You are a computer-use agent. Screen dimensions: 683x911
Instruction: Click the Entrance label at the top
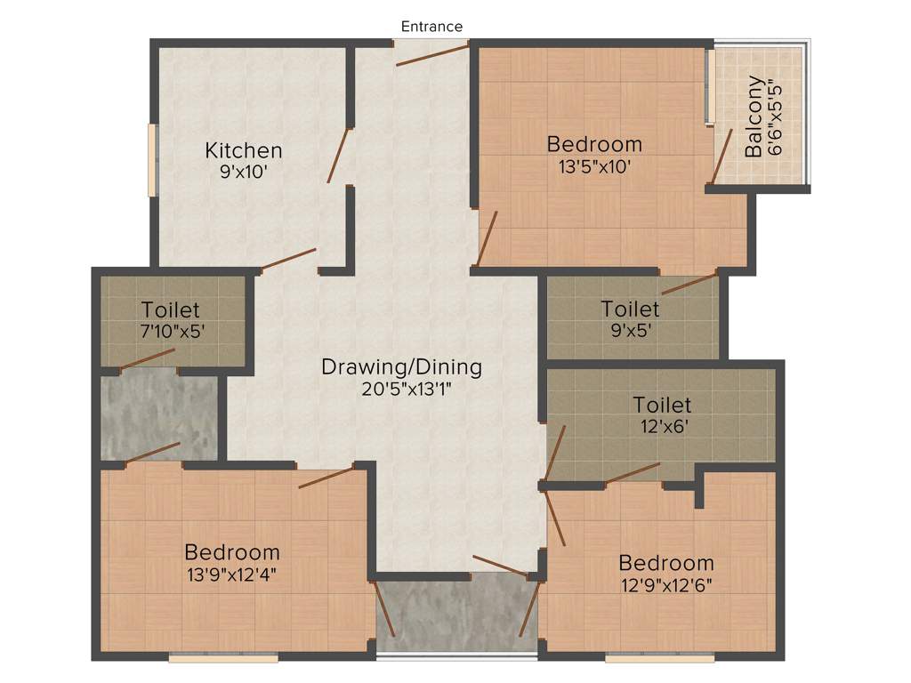point(431,27)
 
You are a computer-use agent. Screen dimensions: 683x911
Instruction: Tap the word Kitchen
point(244,150)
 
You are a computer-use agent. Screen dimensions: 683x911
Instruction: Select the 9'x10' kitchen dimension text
point(244,173)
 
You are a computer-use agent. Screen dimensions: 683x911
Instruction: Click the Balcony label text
point(754,117)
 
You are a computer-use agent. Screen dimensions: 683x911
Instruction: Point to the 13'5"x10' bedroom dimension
point(594,165)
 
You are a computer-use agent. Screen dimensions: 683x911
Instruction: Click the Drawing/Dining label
point(401,366)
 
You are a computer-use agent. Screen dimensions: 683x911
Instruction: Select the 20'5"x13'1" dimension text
point(401,389)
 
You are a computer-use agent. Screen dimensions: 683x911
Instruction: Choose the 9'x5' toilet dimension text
point(630,331)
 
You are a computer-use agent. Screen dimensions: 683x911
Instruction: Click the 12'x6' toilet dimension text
point(662,427)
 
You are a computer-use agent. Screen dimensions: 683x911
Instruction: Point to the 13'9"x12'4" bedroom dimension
point(231,574)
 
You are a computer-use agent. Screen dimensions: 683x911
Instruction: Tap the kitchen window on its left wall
point(152,160)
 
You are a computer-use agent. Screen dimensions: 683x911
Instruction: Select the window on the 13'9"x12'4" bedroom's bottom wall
point(223,658)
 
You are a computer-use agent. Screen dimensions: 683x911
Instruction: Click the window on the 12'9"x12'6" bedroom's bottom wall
point(659,658)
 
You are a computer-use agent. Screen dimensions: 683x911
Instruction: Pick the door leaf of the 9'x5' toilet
point(689,284)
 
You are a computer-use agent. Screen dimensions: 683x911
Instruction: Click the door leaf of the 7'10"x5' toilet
point(148,358)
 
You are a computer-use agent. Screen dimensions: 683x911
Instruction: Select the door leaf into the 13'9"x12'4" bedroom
point(327,476)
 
